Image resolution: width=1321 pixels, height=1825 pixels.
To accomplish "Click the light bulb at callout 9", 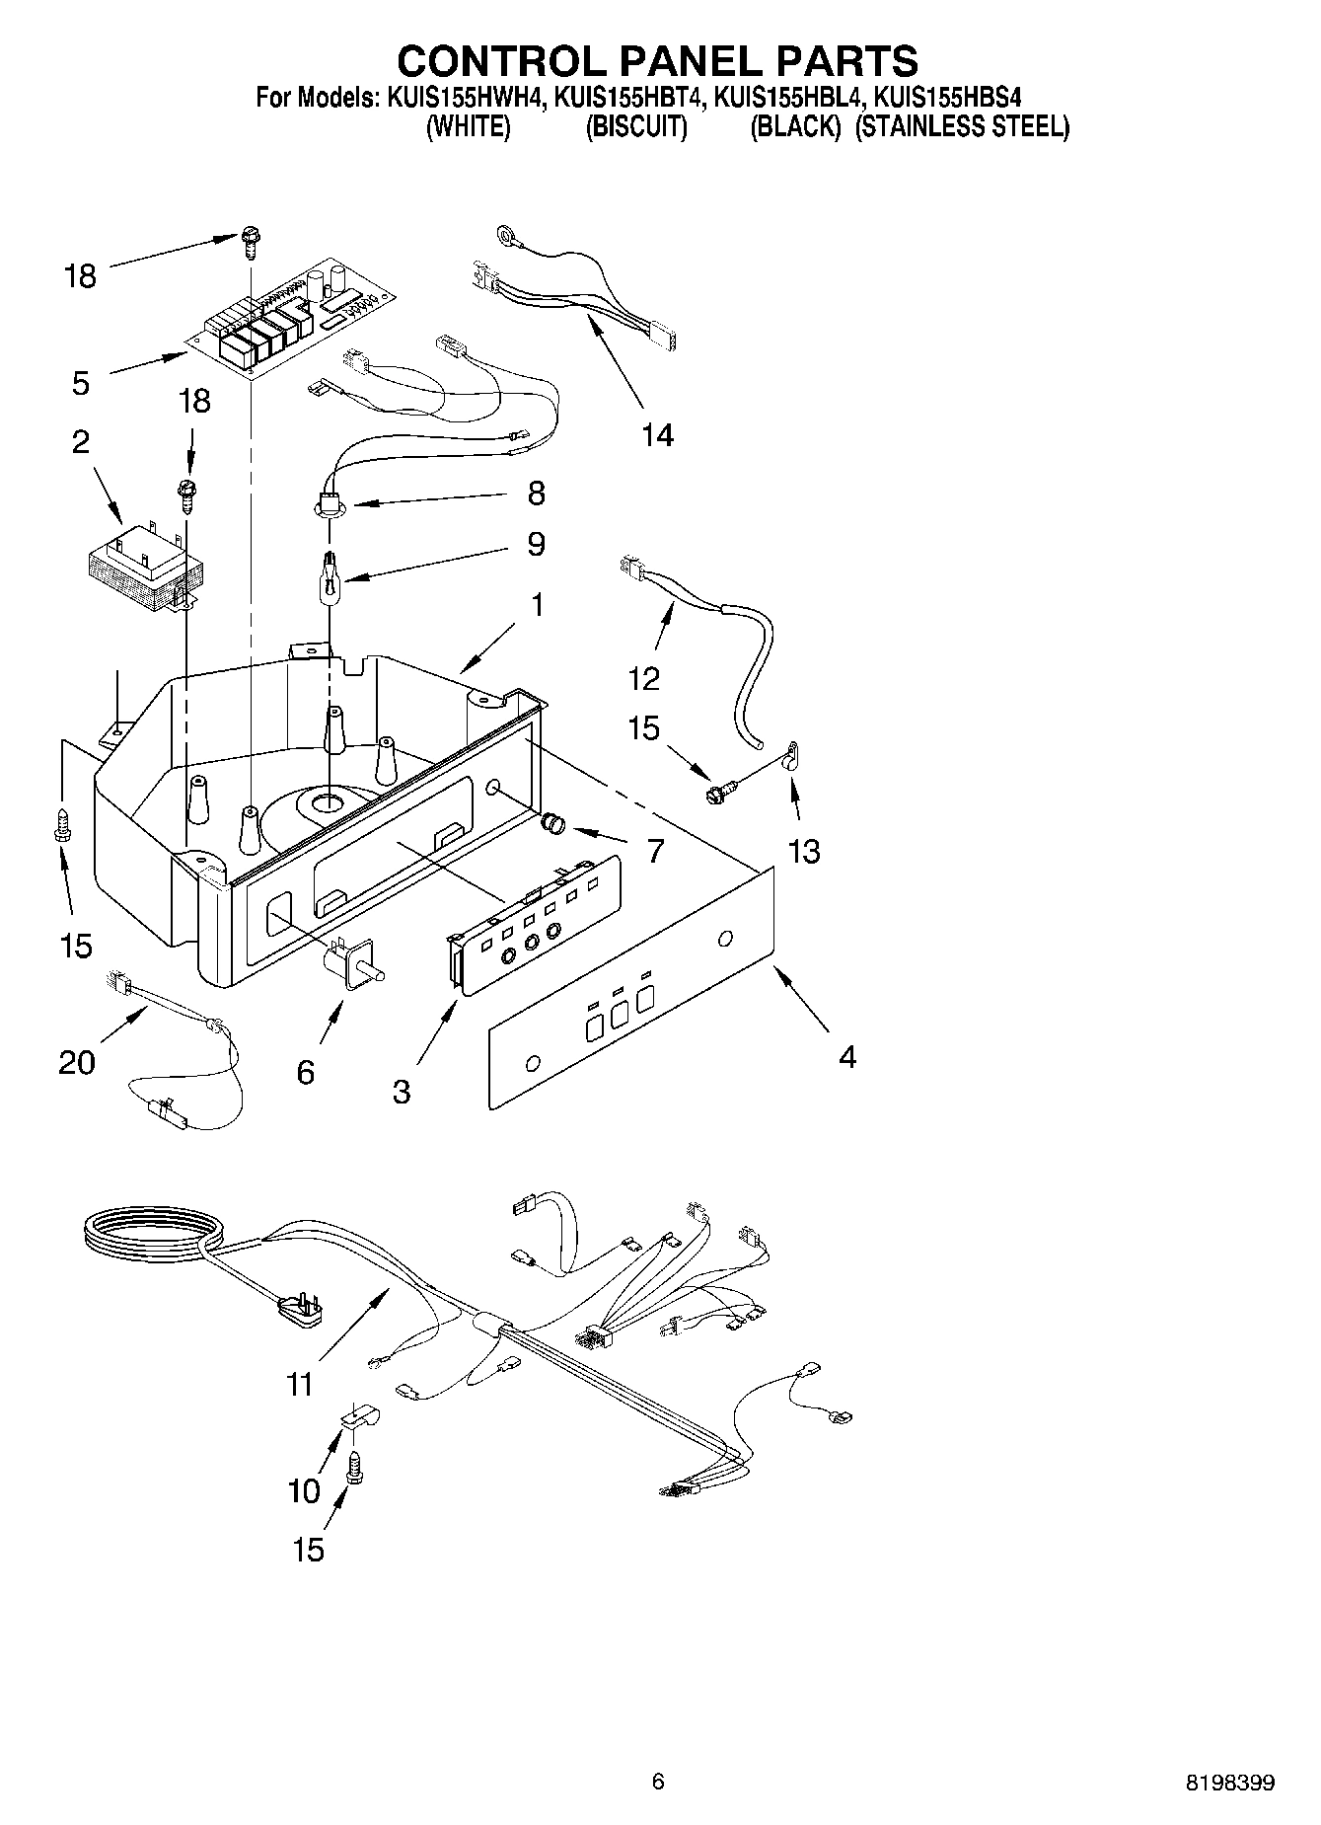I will tap(328, 574).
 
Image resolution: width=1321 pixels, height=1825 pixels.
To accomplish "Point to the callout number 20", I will tap(77, 1062).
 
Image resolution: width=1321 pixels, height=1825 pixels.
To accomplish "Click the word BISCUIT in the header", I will tap(635, 127).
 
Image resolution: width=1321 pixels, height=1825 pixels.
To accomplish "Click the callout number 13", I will tap(804, 851).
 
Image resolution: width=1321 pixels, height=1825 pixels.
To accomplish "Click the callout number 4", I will tap(846, 1057).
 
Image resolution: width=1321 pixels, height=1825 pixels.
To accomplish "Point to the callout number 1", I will tap(537, 604).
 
